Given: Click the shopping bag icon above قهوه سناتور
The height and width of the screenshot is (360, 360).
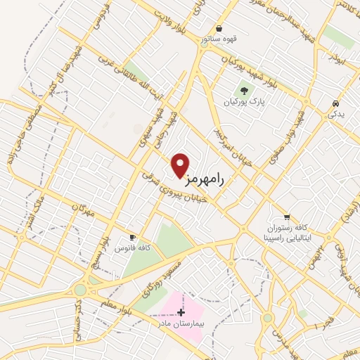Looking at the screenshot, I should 220,29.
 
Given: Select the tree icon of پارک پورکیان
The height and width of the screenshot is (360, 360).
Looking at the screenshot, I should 244,90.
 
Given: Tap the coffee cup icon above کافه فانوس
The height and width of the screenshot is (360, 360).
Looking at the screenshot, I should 131,237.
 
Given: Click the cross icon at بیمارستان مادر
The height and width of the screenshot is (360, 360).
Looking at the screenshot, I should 181,311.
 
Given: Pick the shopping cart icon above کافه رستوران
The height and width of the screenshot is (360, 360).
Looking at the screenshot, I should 286,217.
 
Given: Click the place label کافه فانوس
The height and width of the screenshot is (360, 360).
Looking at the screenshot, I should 136,249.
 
